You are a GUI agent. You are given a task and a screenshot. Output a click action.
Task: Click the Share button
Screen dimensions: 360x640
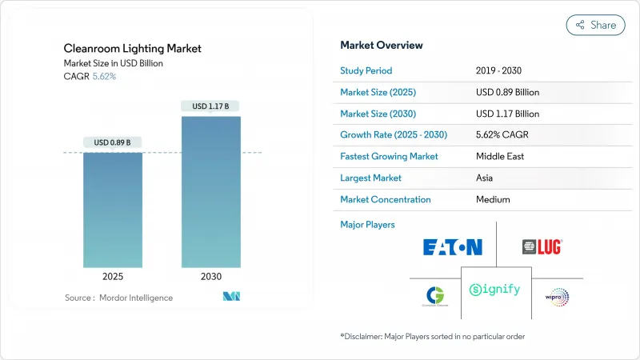596,25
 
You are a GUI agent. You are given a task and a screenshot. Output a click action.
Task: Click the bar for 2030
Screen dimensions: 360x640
211,192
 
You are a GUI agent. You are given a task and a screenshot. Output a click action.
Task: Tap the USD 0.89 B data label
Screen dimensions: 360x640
112,142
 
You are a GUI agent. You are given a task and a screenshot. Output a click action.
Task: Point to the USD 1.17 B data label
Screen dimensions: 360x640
211,106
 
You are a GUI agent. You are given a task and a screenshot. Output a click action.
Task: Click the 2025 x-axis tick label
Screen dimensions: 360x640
112,277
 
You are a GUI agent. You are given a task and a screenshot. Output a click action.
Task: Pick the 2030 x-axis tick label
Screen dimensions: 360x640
211,277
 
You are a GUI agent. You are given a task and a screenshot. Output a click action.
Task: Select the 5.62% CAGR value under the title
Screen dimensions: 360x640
103,77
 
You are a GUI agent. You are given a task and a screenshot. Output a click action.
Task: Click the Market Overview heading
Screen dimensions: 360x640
382,45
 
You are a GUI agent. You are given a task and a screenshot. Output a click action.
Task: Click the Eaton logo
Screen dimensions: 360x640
452,246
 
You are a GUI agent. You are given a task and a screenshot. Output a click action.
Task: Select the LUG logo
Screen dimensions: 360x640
542,247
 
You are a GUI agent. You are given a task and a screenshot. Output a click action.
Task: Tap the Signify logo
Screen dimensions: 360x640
495,289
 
